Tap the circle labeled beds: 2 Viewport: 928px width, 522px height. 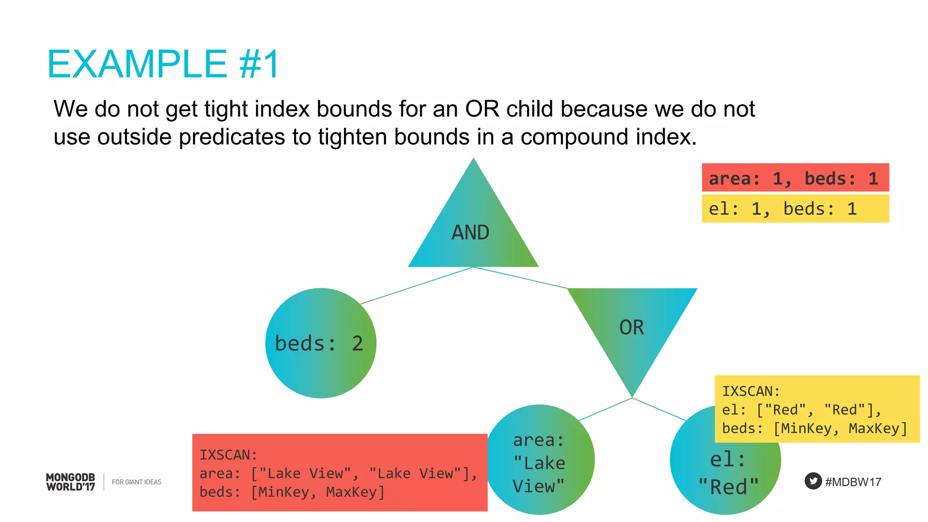coord(320,343)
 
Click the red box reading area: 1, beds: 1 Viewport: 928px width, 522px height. coord(795,178)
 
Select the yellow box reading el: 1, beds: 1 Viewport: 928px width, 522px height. coord(795,209)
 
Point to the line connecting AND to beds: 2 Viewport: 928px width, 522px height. coord(417,285)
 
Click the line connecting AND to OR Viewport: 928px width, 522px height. coord(521,278)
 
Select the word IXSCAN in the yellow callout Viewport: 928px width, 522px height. coord(750,391)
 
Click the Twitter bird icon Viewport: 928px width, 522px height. coord(813,481)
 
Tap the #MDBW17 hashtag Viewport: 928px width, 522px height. coord(853,482)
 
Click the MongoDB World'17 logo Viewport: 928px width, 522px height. coord(71,482)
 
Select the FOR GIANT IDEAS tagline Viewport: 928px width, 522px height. coord(136,482)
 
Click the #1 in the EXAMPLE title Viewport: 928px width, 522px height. coord(259,64)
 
